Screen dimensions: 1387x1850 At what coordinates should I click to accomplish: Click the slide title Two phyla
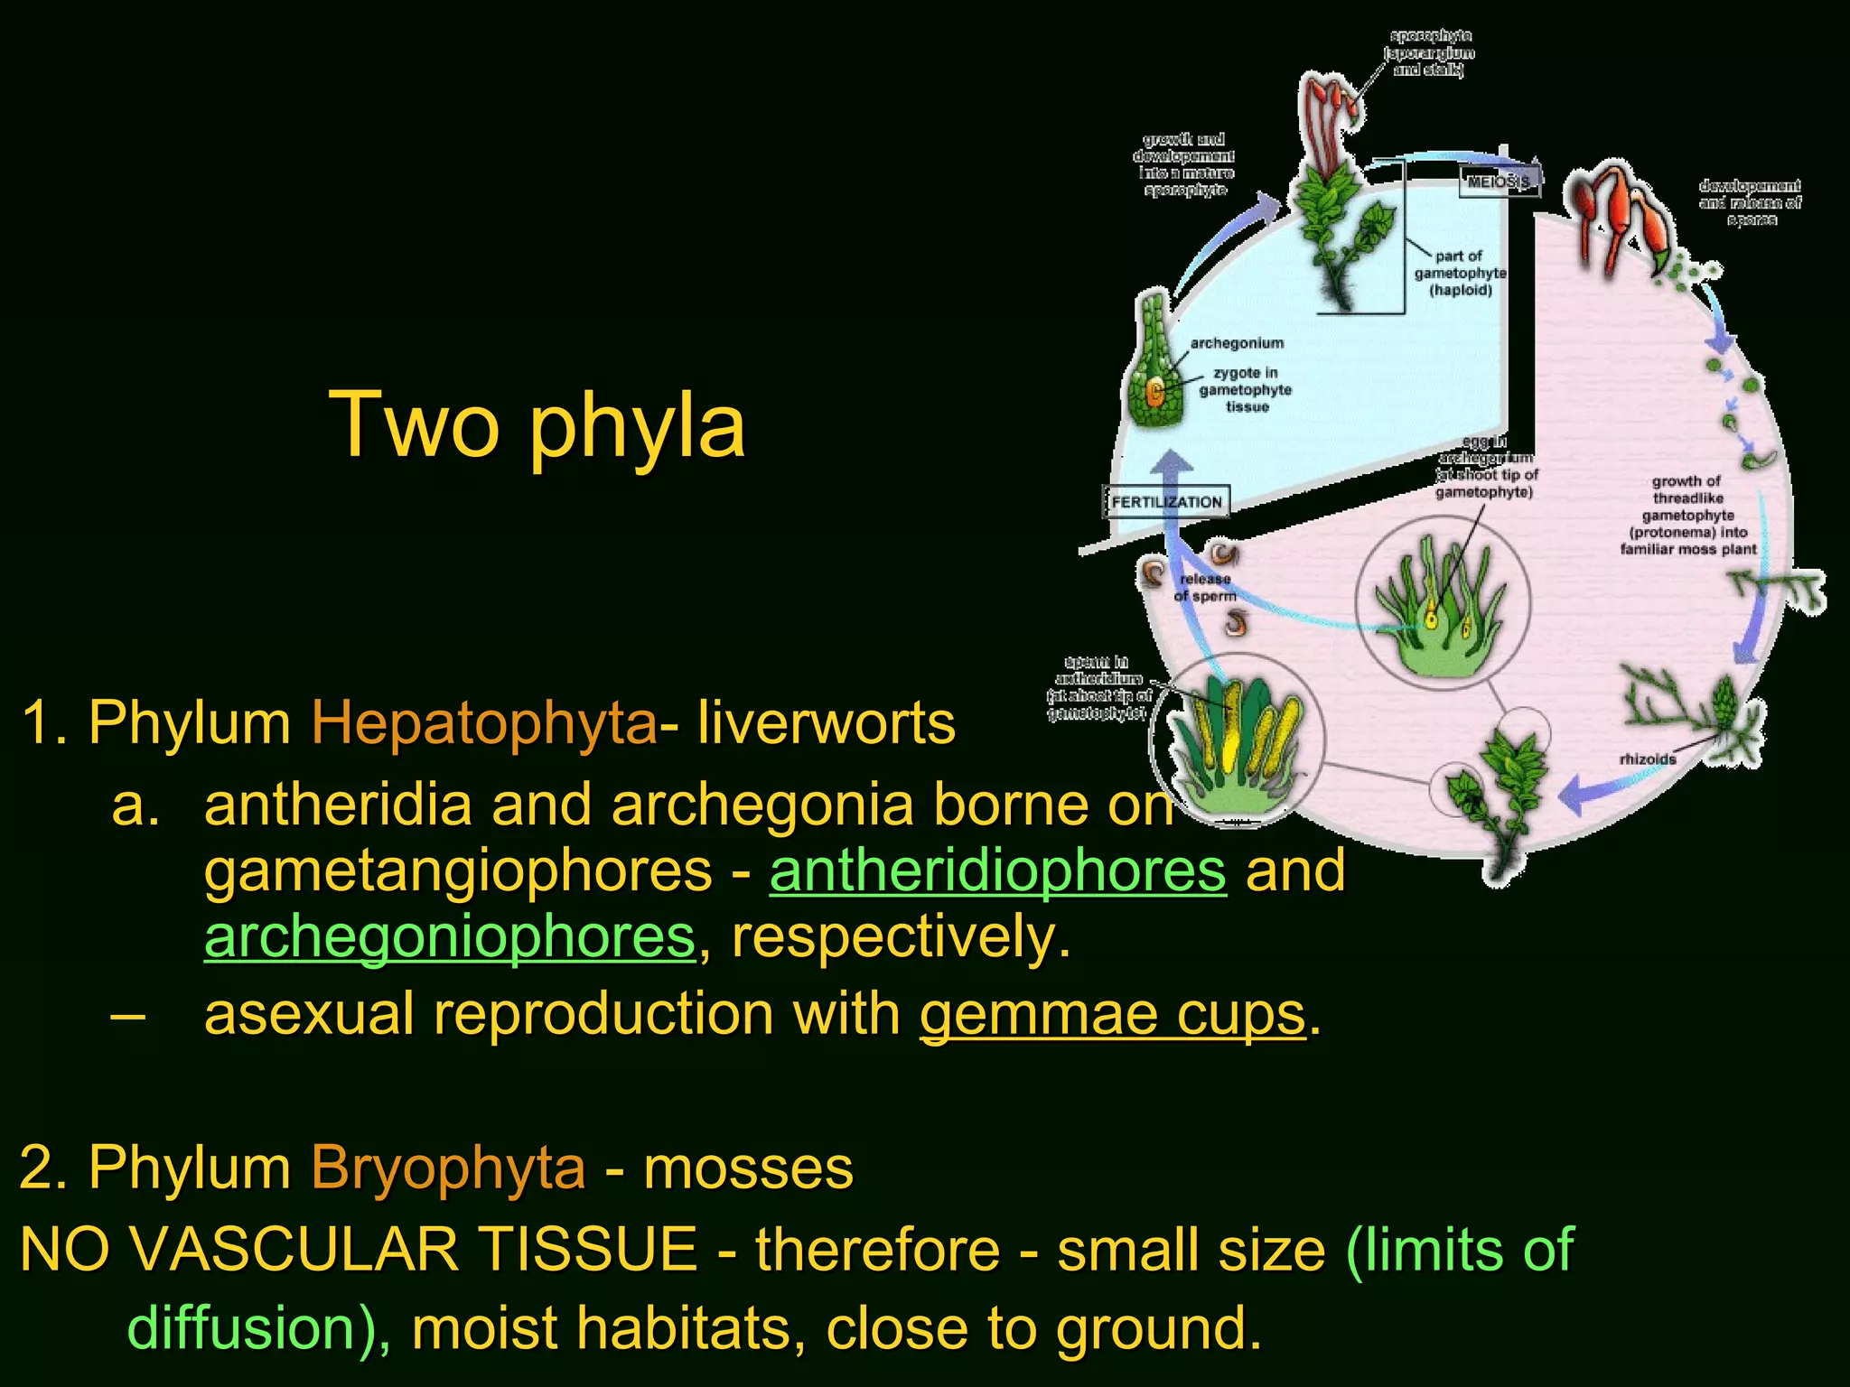[x=537, y=424]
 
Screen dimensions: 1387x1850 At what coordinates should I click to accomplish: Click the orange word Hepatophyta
[x=483, y=723]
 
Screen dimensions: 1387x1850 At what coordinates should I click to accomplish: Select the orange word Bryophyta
[x=448, y=1168]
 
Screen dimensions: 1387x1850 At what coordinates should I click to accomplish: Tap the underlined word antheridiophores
[x=997, y=871]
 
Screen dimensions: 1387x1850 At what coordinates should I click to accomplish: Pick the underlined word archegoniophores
[x=449, y=937]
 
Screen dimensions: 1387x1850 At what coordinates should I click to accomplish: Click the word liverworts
[x=826, y=723]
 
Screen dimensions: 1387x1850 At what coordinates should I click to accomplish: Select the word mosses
[x=748, y=1168]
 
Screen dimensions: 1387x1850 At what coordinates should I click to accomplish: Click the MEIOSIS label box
[x=1499, y=182]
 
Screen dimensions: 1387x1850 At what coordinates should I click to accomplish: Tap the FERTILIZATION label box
[x=1166, y=502]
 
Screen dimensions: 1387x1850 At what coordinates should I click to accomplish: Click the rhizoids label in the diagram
[x=1647, y=759]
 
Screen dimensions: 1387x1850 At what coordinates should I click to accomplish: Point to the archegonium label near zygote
[x=1236, y=343]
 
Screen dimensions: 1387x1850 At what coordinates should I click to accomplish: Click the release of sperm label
[x=1204, y=587]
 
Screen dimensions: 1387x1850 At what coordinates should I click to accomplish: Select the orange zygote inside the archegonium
[x=1154, y=392]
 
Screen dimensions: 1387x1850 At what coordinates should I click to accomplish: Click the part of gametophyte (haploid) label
[x=1460, y=273]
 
